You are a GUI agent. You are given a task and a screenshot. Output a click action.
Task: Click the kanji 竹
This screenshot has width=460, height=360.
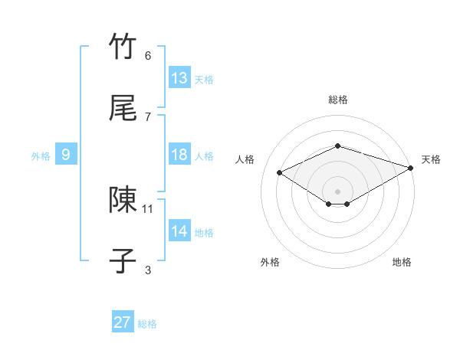123,47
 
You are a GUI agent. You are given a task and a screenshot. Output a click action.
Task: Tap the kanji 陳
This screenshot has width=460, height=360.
123,200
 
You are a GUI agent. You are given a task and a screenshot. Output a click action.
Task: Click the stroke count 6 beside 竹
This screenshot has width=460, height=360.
148,56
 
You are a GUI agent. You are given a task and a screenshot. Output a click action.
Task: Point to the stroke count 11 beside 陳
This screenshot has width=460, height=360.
148,208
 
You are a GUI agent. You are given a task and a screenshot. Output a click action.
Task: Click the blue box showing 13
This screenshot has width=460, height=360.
179,78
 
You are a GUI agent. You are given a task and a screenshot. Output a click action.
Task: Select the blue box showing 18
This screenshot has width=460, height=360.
179,155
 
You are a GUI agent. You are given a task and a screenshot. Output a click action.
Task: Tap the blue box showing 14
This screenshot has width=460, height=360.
179,231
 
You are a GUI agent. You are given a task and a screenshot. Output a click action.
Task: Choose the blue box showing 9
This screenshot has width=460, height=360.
66,155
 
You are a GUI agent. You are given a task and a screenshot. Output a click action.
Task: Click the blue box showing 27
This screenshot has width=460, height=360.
123,322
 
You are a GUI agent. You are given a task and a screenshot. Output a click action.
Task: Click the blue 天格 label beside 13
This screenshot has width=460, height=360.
204,80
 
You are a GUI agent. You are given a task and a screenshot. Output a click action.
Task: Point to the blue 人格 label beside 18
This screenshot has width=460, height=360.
204,156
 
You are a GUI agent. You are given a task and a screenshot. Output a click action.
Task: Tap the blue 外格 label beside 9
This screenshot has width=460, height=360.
41,156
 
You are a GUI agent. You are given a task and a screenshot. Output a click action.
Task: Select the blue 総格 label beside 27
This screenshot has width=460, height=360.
147,324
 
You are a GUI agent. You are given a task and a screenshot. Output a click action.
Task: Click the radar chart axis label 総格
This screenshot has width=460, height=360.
337,100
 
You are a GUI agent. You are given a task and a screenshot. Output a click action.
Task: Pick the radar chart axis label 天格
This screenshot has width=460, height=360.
432,159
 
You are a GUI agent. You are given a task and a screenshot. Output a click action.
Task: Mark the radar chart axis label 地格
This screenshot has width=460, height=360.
402,262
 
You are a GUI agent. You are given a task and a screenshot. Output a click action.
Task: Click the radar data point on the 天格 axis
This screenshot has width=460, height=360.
412,167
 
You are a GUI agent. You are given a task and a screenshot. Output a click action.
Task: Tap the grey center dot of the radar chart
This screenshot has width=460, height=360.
337,191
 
